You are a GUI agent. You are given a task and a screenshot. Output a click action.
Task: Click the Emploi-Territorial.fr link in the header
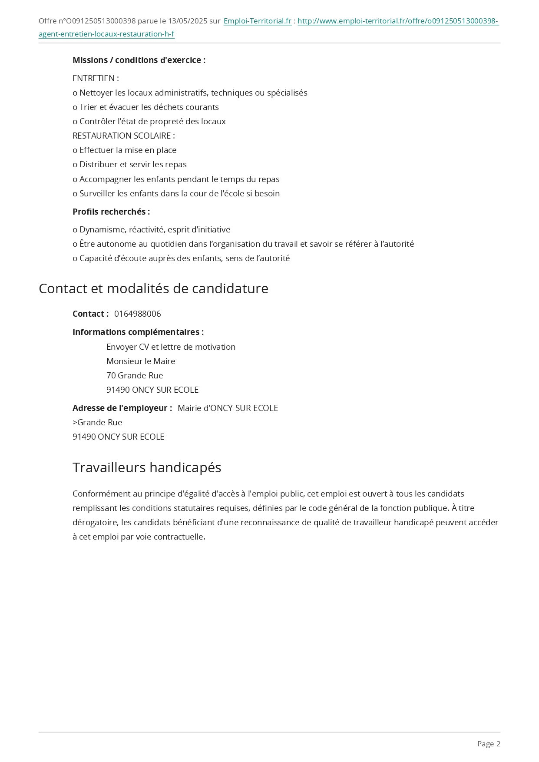click(257, 21)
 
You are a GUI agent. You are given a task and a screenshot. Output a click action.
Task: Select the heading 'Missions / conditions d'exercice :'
click(139, 60)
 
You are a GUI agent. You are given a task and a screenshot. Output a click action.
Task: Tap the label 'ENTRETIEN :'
click(96, 78)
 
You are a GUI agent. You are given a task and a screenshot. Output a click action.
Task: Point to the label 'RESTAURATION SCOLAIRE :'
click(124, 136)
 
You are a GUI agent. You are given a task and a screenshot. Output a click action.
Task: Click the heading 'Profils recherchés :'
click(111, 212)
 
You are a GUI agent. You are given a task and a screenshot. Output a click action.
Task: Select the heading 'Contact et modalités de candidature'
click(153, 288)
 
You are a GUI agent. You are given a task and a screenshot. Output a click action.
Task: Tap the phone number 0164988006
click(137, 314)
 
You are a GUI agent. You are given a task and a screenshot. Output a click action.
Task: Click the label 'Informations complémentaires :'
click(138, 332)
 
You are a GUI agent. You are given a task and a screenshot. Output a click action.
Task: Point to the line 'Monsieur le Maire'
click(141, 361)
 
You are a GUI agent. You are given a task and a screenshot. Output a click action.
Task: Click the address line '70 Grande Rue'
click(135, 375)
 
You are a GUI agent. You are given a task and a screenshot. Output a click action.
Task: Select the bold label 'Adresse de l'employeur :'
click(122, 408)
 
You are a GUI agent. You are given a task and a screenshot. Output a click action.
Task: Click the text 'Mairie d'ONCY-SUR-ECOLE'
click(228, 408)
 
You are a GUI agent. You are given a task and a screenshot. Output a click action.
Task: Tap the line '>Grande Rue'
click(97, 422)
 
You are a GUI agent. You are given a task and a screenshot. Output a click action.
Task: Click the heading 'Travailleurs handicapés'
click(147, 467)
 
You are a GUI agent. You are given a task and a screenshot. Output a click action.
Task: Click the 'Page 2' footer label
click(489, 744)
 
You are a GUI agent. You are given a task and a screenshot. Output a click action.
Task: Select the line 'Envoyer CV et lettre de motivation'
click(171, 347)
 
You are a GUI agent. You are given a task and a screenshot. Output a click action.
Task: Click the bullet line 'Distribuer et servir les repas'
click(132, 164)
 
